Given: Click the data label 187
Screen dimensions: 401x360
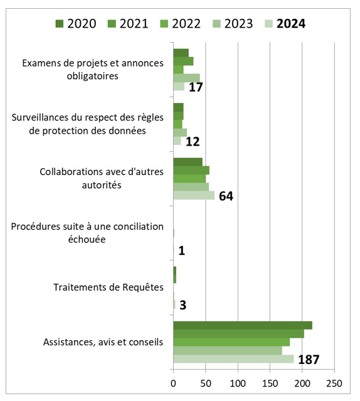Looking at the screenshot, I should pos(309,360).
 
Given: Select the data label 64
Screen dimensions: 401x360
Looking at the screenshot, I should pos(226,196).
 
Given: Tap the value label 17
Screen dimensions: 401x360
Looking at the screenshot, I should pos(196,87).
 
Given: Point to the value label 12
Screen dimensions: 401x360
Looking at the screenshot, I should pos(192,142).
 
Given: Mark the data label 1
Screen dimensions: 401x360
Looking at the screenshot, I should pos(181,251).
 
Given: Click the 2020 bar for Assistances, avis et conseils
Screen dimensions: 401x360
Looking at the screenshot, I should pos(243,325).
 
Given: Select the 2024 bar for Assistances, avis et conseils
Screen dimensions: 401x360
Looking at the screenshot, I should pos(233,359).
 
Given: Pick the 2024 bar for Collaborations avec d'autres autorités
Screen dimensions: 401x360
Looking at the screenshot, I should pos(194,195).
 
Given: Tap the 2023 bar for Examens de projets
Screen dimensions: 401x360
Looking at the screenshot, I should pos(186,78).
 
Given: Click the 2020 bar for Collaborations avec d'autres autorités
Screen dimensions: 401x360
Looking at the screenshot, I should pos(188,162).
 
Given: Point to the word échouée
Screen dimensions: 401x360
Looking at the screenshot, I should pos(87,239).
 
